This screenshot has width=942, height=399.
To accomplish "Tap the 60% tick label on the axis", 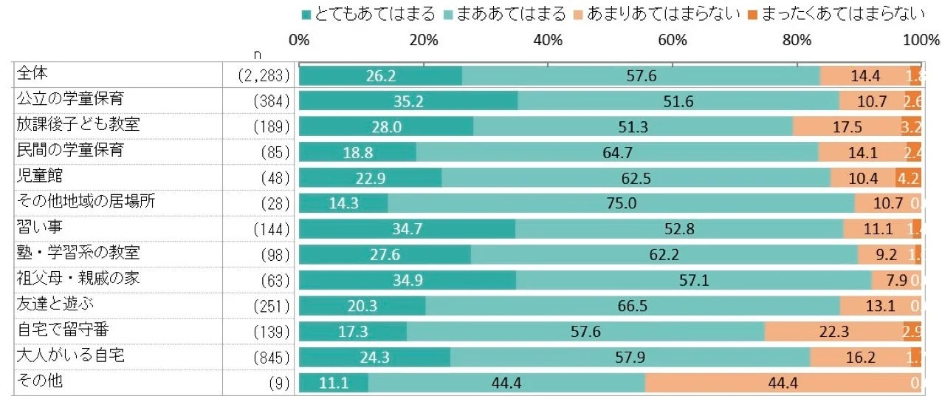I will point(673,40).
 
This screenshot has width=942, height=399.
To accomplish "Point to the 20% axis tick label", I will point(424,40).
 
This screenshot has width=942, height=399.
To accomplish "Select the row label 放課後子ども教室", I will point(78,123).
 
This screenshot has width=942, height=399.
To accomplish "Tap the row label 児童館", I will point(40,175).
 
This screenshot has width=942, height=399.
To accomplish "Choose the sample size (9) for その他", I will point(281,383).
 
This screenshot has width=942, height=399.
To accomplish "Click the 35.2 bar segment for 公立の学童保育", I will point(408,101).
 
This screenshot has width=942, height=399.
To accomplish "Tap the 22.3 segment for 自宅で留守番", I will point(834,332).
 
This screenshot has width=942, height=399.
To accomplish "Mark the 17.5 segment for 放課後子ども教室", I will point(847,127).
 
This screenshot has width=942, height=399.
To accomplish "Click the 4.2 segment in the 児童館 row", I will point(907,178).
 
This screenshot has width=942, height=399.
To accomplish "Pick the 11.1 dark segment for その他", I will point(334,383).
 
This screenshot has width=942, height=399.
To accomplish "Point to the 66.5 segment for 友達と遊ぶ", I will point(633,306).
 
